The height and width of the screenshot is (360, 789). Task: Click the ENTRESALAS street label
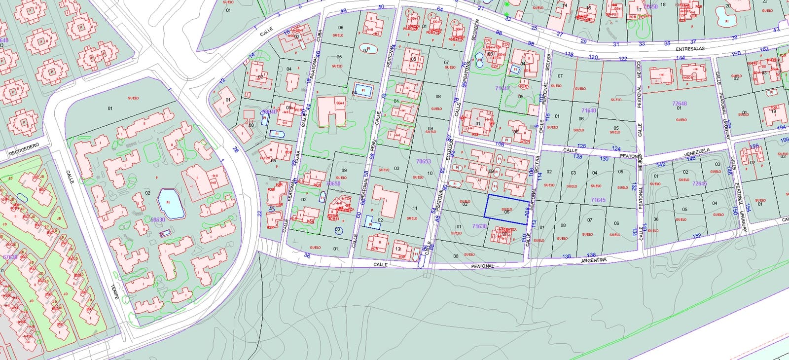(x=690, y=49)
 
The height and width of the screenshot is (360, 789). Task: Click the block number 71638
(x=479, y=226)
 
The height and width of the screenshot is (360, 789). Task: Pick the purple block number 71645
(x=598, y=200)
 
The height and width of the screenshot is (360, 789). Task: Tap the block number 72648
(x=679, y=104)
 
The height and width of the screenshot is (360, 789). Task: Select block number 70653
(x=423, y=161)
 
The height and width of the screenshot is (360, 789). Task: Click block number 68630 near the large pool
(x=158, y=220)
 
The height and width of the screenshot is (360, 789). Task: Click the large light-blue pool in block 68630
(x=171, y=204)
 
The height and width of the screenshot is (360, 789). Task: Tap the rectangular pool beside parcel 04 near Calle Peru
(x=363, y=91)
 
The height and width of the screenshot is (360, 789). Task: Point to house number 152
(x=696, y=236)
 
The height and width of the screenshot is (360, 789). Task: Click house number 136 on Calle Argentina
(x=591, y=255)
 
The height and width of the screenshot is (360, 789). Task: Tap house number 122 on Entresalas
(x=622, y=59)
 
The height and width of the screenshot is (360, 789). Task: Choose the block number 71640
(x=589, y=110)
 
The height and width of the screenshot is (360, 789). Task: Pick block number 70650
(x=333, y=183)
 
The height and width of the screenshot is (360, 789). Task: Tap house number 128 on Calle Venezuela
(x=577, y=157)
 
